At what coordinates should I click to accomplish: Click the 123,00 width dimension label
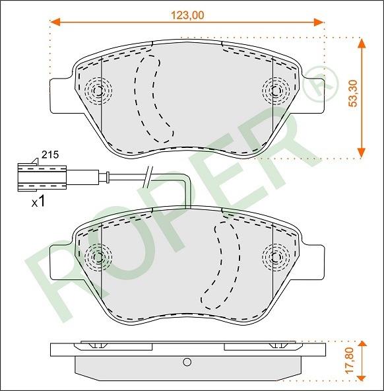pyautogui.click(x=187, y=15)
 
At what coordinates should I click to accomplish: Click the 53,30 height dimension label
pyautogui.click(x=352, y=94)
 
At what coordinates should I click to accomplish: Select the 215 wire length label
pyautogui.click(x=50, y=155)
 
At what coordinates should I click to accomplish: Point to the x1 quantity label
pyautogui.click(x=39, y=201)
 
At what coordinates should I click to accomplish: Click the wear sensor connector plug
pyautogui.click(x=42, y=177)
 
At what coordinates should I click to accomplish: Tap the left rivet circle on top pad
pyautogui.click(x=98, y=90)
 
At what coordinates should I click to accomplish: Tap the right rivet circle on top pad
pyautogui.click(x=276, y=90)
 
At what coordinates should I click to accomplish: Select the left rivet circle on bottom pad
pyautogui.click(x=98, y=257)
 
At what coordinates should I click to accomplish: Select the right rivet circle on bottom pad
pyautogui.click(x=276, y=257)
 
